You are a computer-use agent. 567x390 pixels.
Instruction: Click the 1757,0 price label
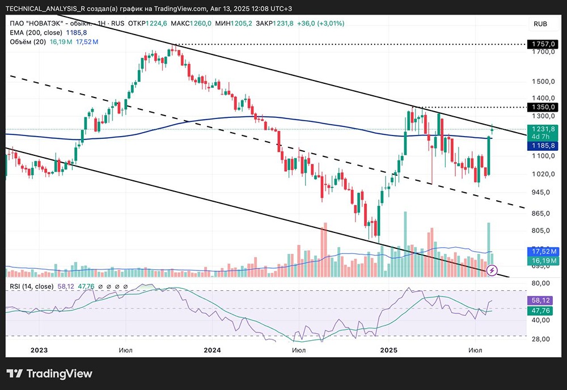[x=543, y=44]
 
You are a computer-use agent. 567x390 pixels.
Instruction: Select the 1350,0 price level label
[x=543, y=107]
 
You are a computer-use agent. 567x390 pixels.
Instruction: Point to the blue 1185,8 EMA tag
[x=543, y=146]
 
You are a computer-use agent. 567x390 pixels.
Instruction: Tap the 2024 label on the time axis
[x=211, y=351]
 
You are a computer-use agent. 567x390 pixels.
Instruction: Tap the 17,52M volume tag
[x=543, y=251]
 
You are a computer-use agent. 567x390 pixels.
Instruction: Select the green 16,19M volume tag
[x=543, y=260]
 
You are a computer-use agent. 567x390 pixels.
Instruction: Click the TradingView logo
[x=49, y=374]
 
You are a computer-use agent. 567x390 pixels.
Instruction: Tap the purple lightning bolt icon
[x=493, y=270]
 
